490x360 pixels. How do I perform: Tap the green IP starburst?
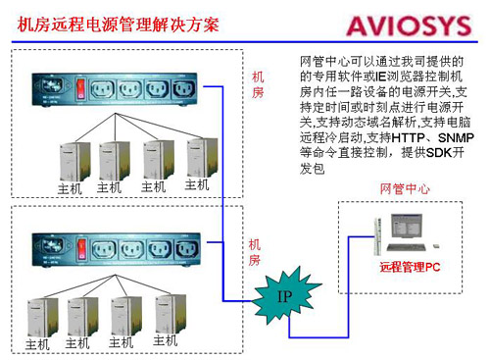point(285,295)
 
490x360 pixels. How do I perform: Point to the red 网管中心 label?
point(406,187)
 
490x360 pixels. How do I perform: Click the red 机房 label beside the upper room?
point(257,84)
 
